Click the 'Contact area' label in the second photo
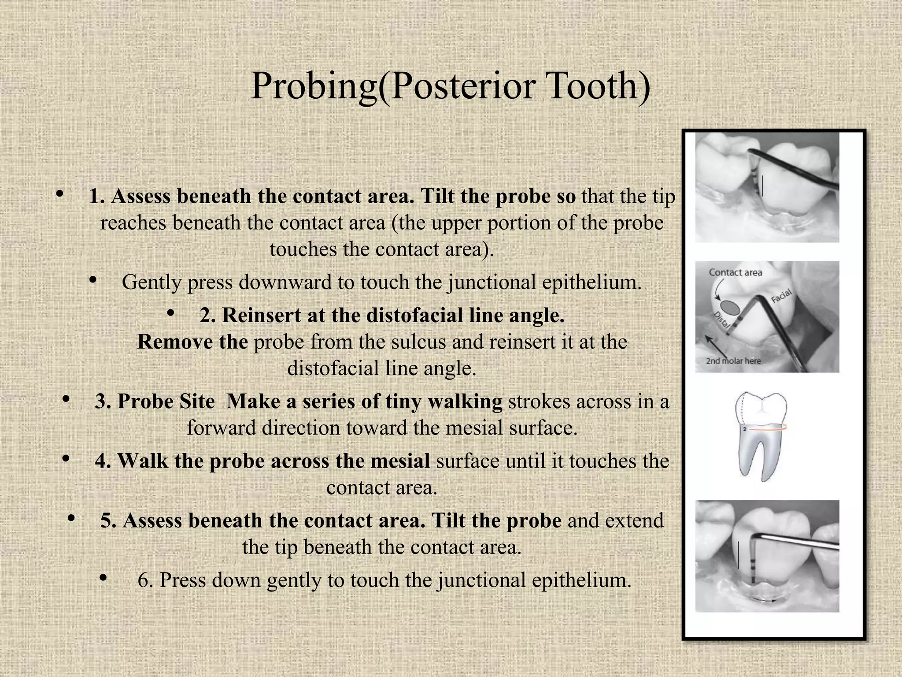pos(735,272)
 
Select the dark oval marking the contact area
pos(730,307)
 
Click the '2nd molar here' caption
pos(733,361)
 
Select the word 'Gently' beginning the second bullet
pos(151,283)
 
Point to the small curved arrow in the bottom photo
pos(764,600)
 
